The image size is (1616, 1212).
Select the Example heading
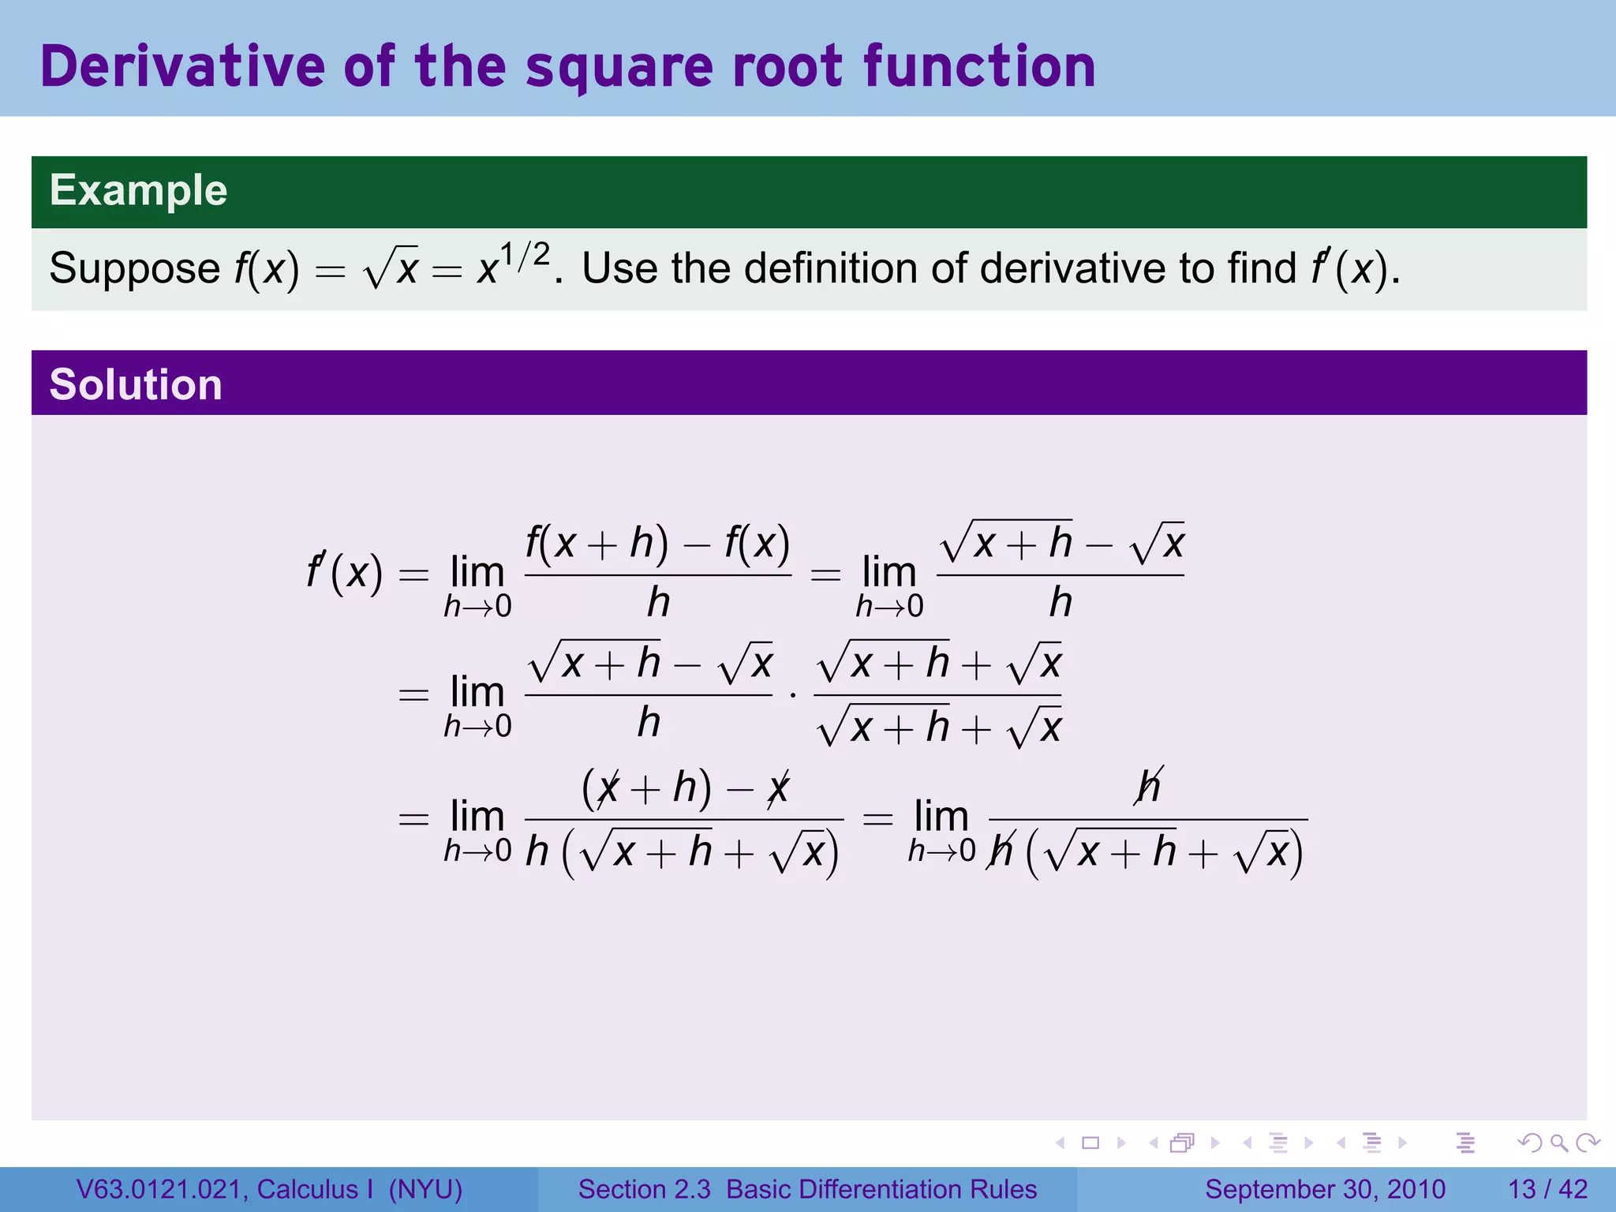138,190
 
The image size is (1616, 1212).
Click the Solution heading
136,384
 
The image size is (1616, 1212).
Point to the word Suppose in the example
134,268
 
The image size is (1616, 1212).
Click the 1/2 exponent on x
525,256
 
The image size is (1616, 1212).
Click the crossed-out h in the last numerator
1149,786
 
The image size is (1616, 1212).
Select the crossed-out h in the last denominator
1001,852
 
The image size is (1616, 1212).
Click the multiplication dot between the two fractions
793,695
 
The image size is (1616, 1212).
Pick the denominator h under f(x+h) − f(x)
658,603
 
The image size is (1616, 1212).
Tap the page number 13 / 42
1547,1189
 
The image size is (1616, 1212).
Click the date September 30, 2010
1325,1189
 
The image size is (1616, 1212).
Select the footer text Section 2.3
644,1189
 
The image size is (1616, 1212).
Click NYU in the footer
425,1189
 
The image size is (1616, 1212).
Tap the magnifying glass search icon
1558,1143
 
